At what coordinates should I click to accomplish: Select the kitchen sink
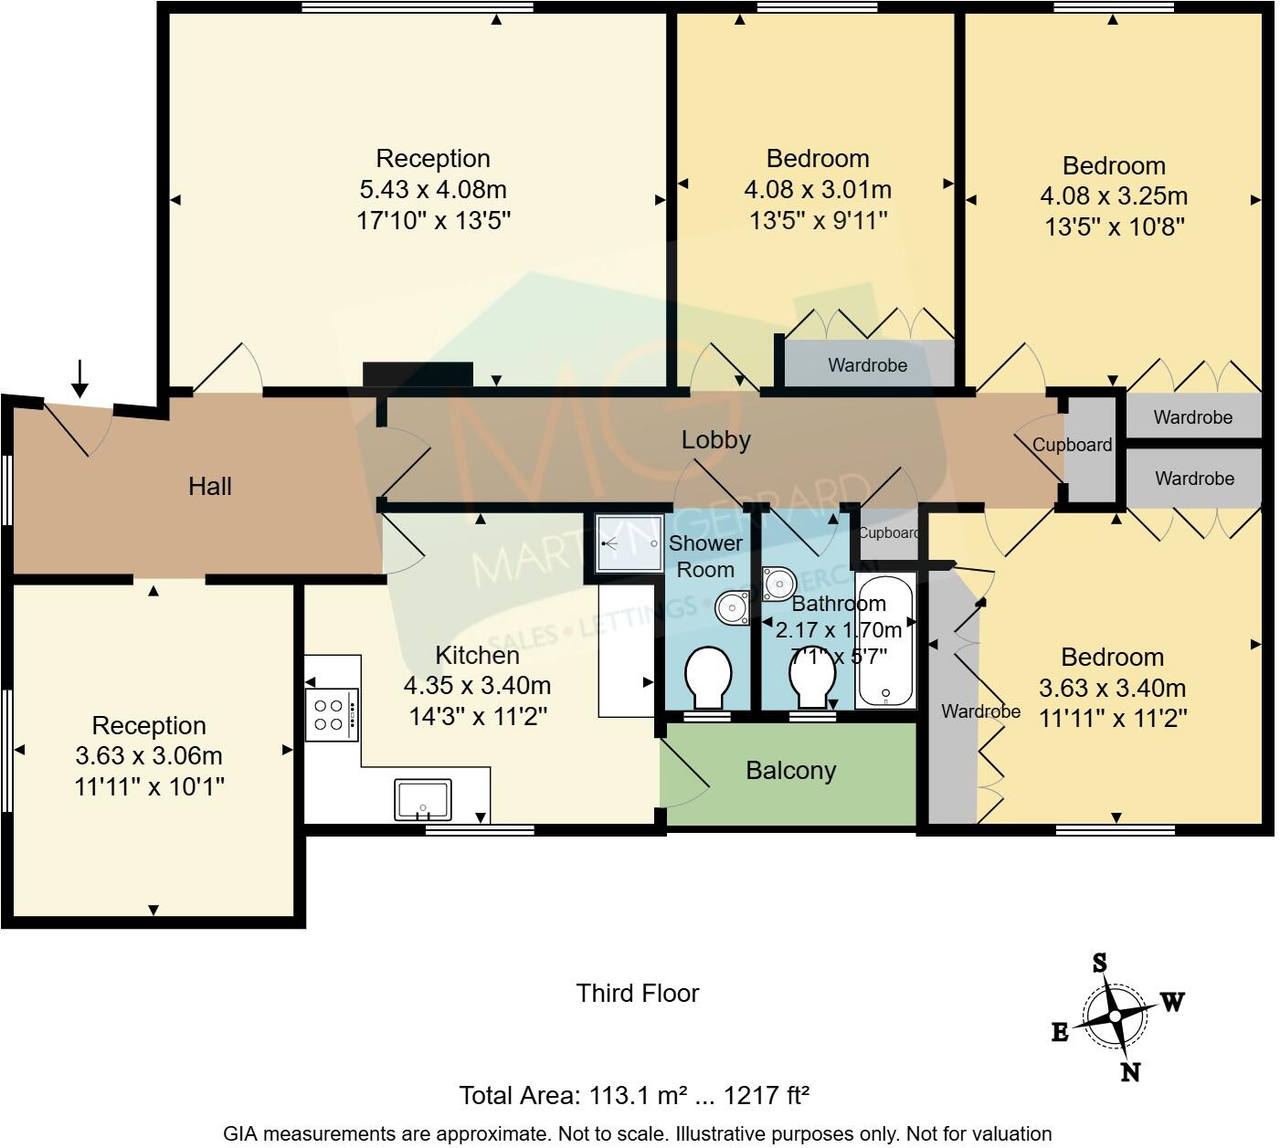click(423, 799)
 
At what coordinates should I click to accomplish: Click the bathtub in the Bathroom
click(885, 641)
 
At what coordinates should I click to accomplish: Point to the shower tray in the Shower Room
click(628, 542)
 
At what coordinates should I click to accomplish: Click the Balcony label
click(790, 771)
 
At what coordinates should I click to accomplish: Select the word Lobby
click(716, 439)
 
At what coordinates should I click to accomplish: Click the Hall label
click(210, 487)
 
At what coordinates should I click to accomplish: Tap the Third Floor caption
click(638, 994)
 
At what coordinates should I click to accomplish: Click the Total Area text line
click(635, 1095)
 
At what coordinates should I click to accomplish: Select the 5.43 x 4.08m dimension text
click(433, 190)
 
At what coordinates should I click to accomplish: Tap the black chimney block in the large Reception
click(418, 374)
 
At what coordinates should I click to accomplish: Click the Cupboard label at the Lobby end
click(1073, 445)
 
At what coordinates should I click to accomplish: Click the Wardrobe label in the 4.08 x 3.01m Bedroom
click(867, 365)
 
